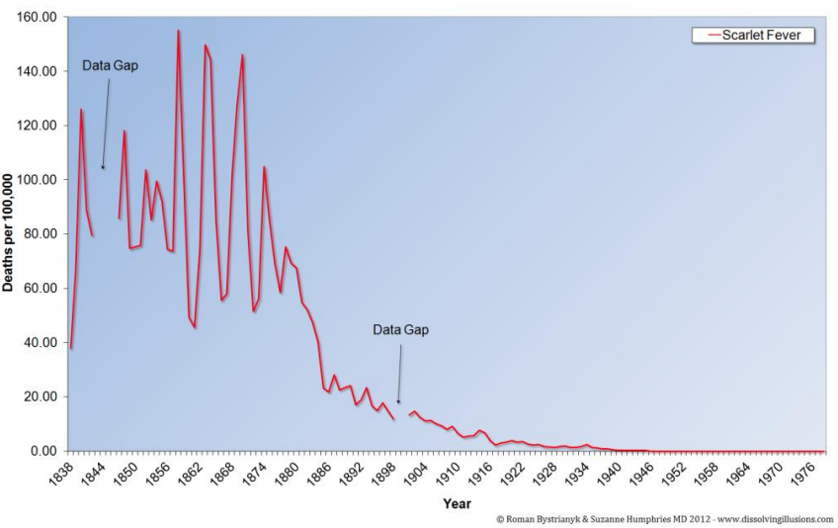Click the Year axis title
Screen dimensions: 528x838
point(457,503)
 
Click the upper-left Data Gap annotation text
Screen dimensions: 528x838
point(110,66)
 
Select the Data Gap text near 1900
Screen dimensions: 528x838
point(401,329)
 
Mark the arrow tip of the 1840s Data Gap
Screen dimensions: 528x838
point(103,170)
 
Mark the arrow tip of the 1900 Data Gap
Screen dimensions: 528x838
point(398,403)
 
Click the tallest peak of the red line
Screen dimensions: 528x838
point(178,31)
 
